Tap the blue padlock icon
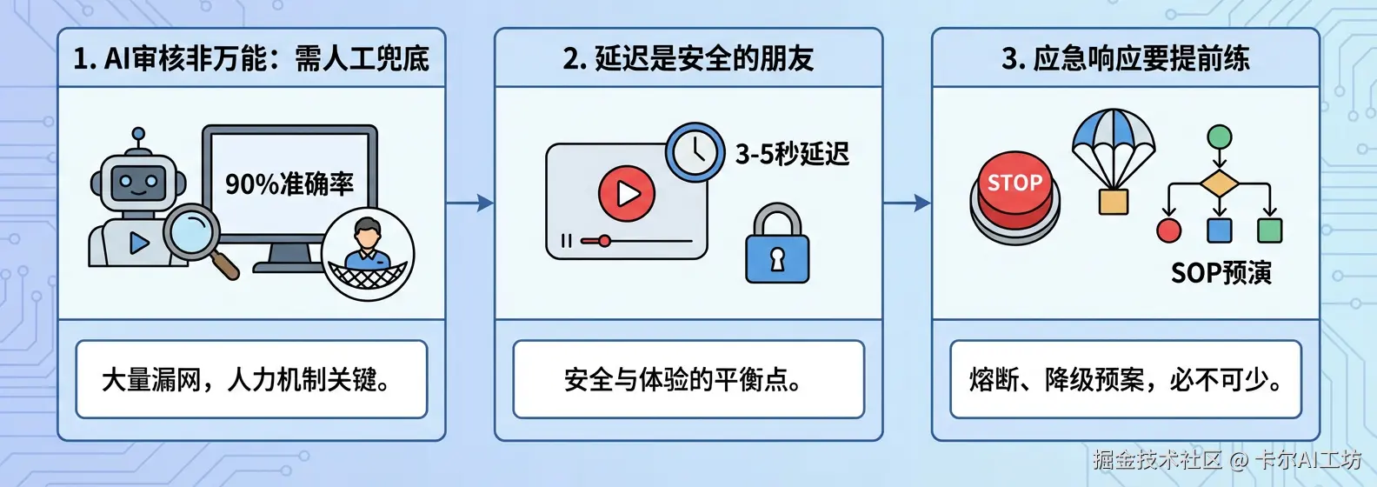(x=777, y=246)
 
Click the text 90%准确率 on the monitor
(x=289, y=183)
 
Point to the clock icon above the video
(x=695, y=152)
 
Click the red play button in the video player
(x=626, y=193)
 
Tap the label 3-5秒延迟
(x=792, y=154)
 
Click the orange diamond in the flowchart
(x=1219, y=184)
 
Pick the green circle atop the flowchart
(x=1220, y=137)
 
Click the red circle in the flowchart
(x=1169, y=230)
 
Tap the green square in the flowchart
(x=1269, y=230)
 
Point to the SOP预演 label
(x=1221, y=273)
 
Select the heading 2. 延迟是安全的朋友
(x=688, y=58)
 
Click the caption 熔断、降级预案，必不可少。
(x=1125, y=380)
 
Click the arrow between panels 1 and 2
(x=469, y=203)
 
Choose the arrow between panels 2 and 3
(x=907, y=203)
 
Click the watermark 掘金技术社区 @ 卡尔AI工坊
(x=1227, y=459)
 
